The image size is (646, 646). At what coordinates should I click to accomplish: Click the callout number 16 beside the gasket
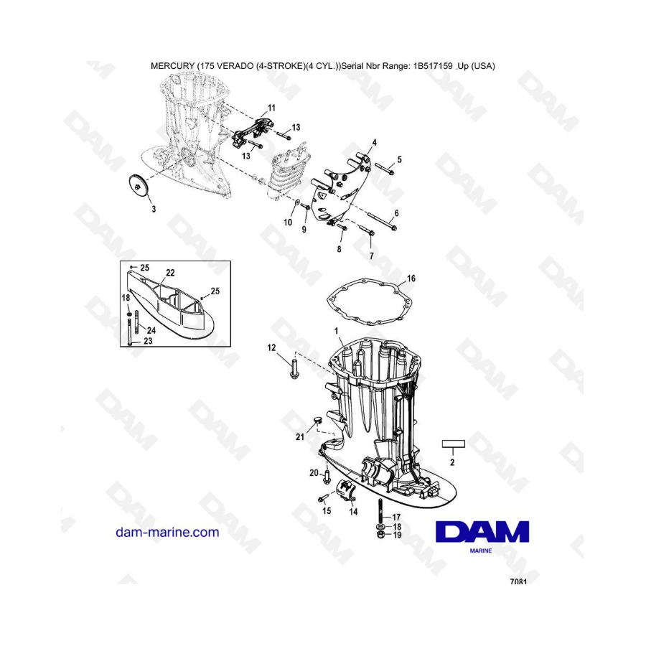click(x=411, y=278)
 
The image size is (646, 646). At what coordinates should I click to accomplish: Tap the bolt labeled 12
click(x=294, y=369)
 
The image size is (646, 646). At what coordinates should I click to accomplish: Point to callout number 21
click(x=299, y=436)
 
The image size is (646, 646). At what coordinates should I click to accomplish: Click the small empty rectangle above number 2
click(x=453, y=444)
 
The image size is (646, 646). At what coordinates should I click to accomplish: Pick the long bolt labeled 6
click(x=382, y=222)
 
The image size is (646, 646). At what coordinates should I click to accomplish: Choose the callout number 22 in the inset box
click(x=170, y=273)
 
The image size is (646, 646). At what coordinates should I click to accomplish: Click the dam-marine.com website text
click(x=167, y=533)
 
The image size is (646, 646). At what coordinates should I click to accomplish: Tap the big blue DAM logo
click(x=482, y=531)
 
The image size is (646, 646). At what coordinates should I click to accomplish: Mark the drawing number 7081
click(x=518, y=581)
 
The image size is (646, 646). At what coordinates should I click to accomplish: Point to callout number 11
click(x=271, y=108)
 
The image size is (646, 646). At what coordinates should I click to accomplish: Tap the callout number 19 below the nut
click(x=397, y=535)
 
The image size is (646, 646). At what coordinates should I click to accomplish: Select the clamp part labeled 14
click(x=347, y=490)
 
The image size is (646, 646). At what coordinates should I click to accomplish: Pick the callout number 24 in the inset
click(x=151, y=330)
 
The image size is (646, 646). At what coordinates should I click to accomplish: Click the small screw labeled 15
click(x=322, y=498)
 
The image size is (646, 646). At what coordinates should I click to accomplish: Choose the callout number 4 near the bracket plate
click(x=374, y=143)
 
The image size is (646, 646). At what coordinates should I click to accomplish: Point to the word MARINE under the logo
click(x=481, y=551)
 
